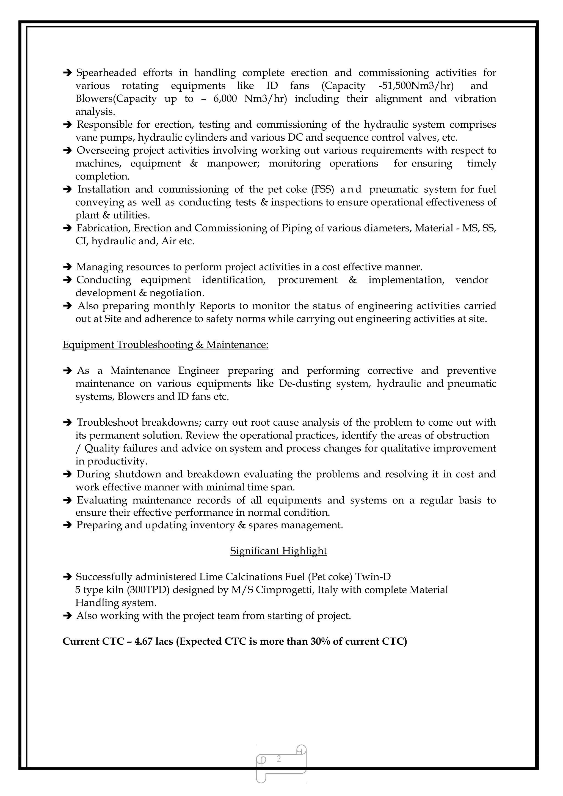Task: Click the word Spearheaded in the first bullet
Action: (106, 73)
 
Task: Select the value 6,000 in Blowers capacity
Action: (225, 99)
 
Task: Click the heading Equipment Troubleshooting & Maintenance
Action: (165, 344)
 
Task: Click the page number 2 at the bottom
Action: (279, 759)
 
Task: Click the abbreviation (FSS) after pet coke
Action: (322, 190)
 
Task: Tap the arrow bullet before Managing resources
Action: (67, 267)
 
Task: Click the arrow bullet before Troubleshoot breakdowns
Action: (67, 423)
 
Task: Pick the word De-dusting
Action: (305, 384)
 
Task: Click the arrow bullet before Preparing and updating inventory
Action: (67, 525)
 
